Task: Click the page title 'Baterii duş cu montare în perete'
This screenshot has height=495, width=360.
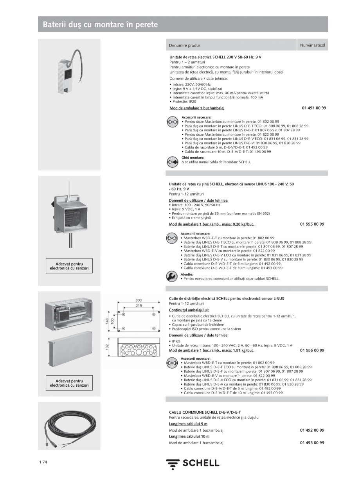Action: click(100, 25)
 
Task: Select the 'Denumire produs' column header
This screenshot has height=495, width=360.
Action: click(185, 45)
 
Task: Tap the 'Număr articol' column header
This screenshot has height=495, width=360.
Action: click(312, 45)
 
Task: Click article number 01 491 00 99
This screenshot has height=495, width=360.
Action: click(314, 108)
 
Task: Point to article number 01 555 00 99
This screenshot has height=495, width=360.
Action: click(312, 224)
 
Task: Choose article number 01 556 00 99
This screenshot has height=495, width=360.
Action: click(312, 350)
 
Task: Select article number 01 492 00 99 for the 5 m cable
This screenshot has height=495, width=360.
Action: click(312, 430)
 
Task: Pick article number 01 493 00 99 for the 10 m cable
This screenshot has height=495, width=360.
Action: click(312, 443)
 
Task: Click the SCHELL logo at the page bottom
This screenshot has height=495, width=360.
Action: click(193, 464)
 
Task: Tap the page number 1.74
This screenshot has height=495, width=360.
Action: click(43, 463)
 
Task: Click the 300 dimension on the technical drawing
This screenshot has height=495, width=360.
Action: click(139, 300)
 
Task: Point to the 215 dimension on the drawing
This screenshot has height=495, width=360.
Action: click(139, 305)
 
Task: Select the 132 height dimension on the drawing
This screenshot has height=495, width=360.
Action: click(107, 347)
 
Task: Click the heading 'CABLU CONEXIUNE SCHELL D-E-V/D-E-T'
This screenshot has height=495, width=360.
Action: click(205, 412)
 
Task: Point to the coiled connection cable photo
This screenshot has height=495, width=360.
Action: click(69, 426)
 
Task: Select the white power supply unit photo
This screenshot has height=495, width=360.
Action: click(69, 73)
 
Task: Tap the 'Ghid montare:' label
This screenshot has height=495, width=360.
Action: click(193, 158)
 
